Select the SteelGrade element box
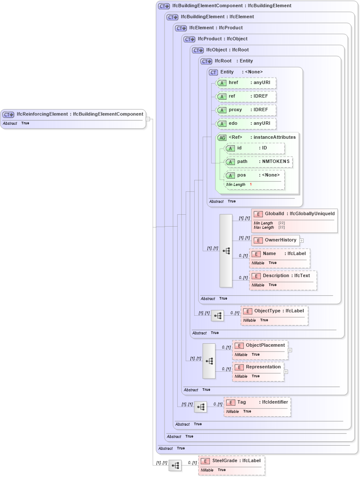pyautogui.click(x=232, y=465)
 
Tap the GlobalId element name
pyautogui.click(x=274, y=213)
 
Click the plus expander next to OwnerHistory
pyautogui.click(x=301, y=240)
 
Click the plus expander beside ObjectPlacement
pyautogui.click(x=290, y=350)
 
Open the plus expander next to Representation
pyautogui.click(x=286, y=372)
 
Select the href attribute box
pyautogui.click(x=246, y=83)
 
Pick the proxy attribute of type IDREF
pyautogui.click(x=246, y=110)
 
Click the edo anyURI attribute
pyautogui.click(x=246, y=123)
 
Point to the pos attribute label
pyautogui.click(x=241, y=175)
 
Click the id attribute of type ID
pyautogui.click(x=254, y=148)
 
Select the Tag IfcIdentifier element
pyautogui.click(x=257, y=407)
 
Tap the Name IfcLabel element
pyautogui.click(x=279, y=258)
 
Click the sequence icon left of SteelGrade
pyautogui.click(x=175, y=466)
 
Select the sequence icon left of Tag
pyautogui.click(x=201, y=407)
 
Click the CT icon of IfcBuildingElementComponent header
pyautogui.click(x=164, y=6)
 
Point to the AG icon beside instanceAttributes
pyautogui.click(x=222, y=137)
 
